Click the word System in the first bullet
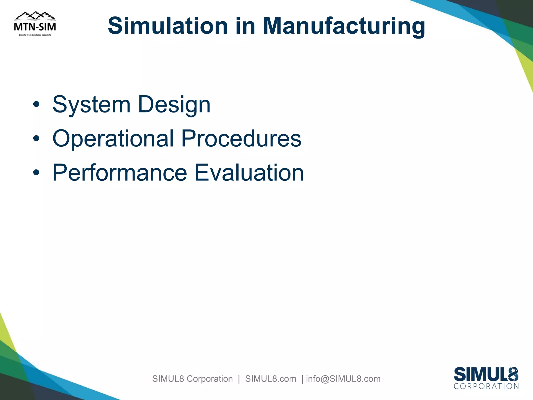point(91,105)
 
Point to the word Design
point(174,105)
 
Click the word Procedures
point(241,138)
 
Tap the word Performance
point(120,172)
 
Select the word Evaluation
point(249,172)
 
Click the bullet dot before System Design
point(36,105)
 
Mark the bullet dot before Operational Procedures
point(36,139)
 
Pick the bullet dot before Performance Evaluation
point(36,172)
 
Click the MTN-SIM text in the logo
point(35,27)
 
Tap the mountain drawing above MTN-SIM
point(35,16)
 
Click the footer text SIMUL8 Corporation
point(192,379)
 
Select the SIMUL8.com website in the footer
point(271,379)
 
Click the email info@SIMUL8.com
point(343,379)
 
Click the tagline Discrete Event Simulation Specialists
point(35,35)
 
